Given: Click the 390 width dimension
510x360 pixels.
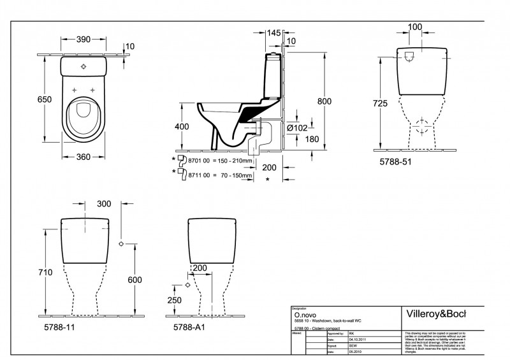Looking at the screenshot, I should (x=84, y=40).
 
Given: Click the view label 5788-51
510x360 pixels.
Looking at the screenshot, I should (x=395, y=162).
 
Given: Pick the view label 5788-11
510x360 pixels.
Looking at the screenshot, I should (x=64, y=327).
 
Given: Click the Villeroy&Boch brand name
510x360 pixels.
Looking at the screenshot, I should (x=436, y=313).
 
